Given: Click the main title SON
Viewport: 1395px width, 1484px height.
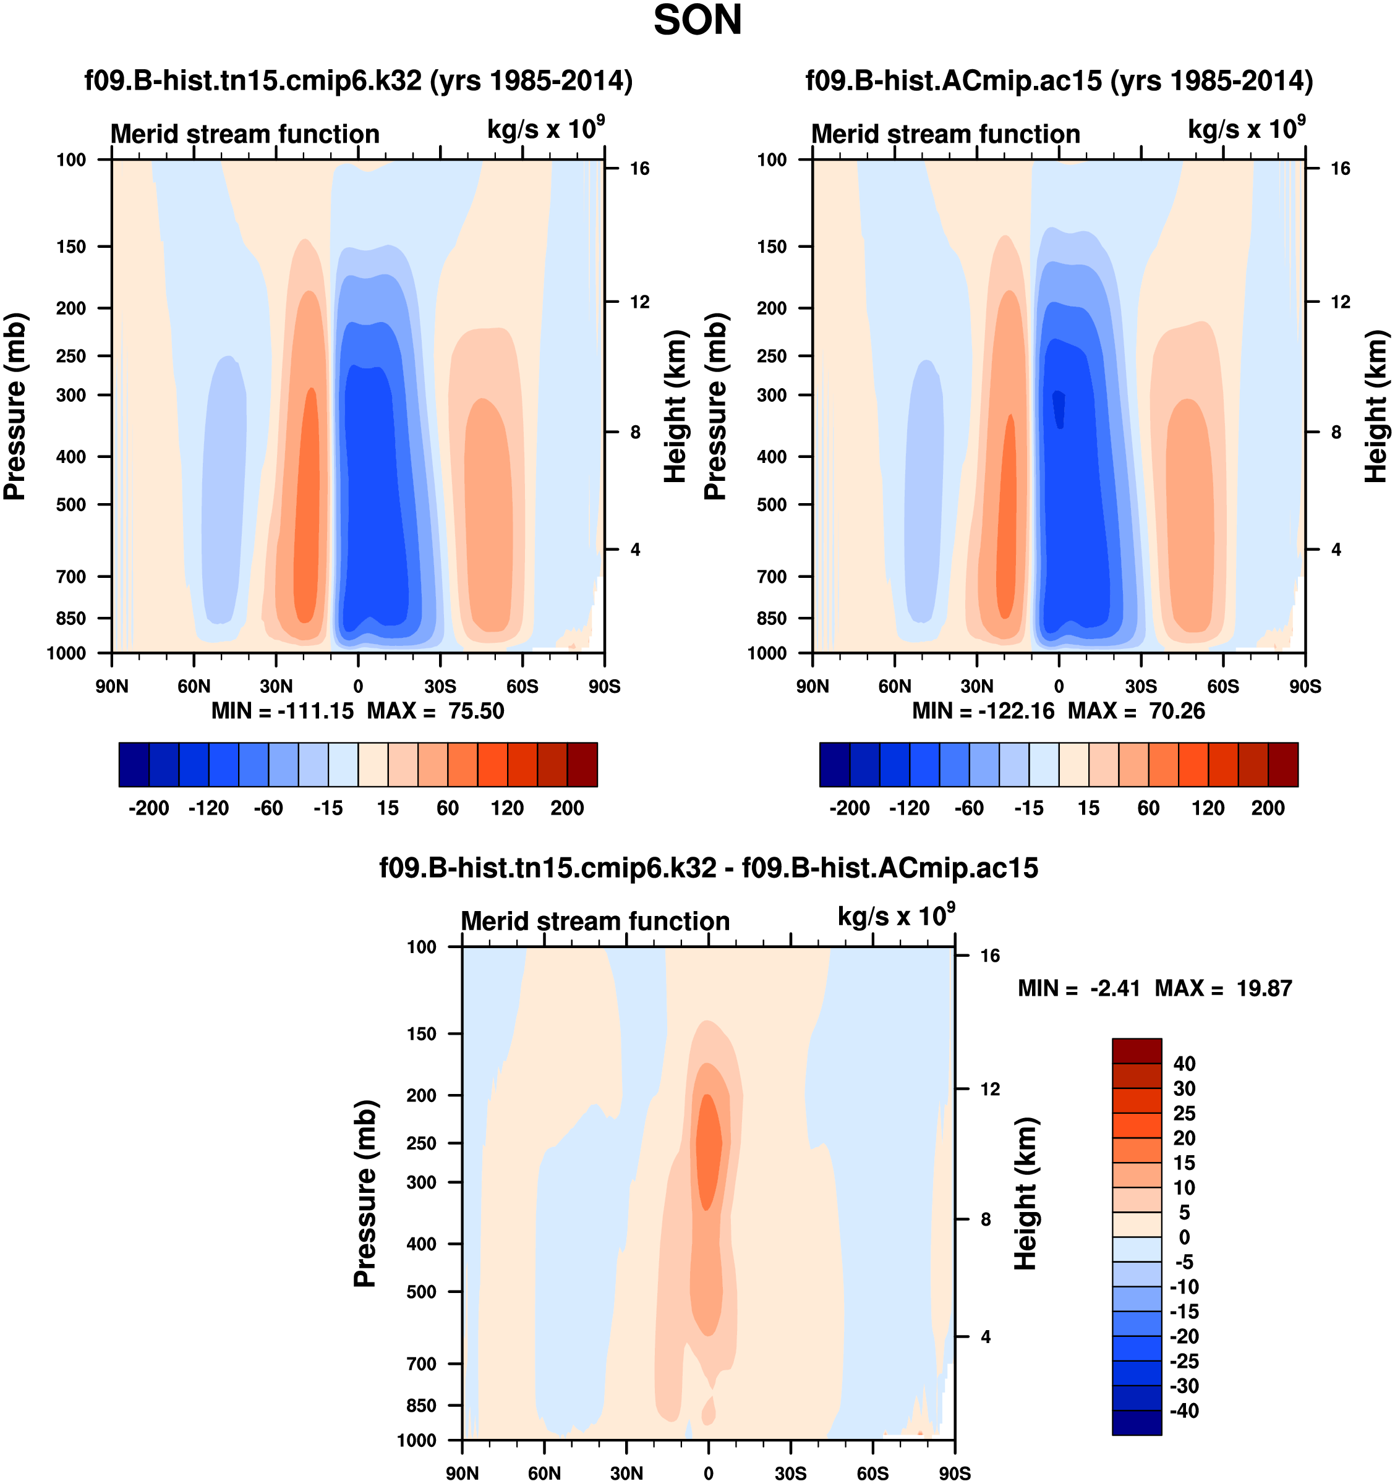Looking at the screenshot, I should click(697, 21).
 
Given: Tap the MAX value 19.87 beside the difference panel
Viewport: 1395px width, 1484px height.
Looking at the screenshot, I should click(1263, 988).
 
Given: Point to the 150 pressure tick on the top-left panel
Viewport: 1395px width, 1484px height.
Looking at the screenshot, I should click(71, 247).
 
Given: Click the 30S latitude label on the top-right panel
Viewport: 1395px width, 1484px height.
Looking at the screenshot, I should click(1140, 686).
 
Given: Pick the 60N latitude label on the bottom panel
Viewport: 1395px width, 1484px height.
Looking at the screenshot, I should click(544, 1473).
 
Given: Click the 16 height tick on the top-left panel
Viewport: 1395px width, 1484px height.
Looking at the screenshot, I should click(639, 169).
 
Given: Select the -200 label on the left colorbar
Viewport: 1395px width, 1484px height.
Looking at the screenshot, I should click(148, 808).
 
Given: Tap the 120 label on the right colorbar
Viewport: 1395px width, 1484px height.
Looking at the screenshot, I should click(1208, 808).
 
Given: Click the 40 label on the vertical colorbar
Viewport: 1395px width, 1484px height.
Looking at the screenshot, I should click(1184, 1064).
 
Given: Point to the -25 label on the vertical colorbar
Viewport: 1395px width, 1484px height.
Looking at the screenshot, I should click(1184, 1361).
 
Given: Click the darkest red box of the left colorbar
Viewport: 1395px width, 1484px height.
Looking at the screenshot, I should click(582, 765).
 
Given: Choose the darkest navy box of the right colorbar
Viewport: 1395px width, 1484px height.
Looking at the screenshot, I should click(835, 765).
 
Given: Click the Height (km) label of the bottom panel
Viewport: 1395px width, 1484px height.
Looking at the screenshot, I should click(1026, 1194).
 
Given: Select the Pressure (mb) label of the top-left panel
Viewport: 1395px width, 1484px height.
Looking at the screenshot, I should click(15, 407).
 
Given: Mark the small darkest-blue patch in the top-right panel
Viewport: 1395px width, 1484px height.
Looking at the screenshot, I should click(1059, 409).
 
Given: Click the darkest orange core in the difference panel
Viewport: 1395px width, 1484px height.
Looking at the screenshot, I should click(709, 1150).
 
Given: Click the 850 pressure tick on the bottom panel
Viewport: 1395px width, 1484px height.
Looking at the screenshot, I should click(421, 1405).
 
